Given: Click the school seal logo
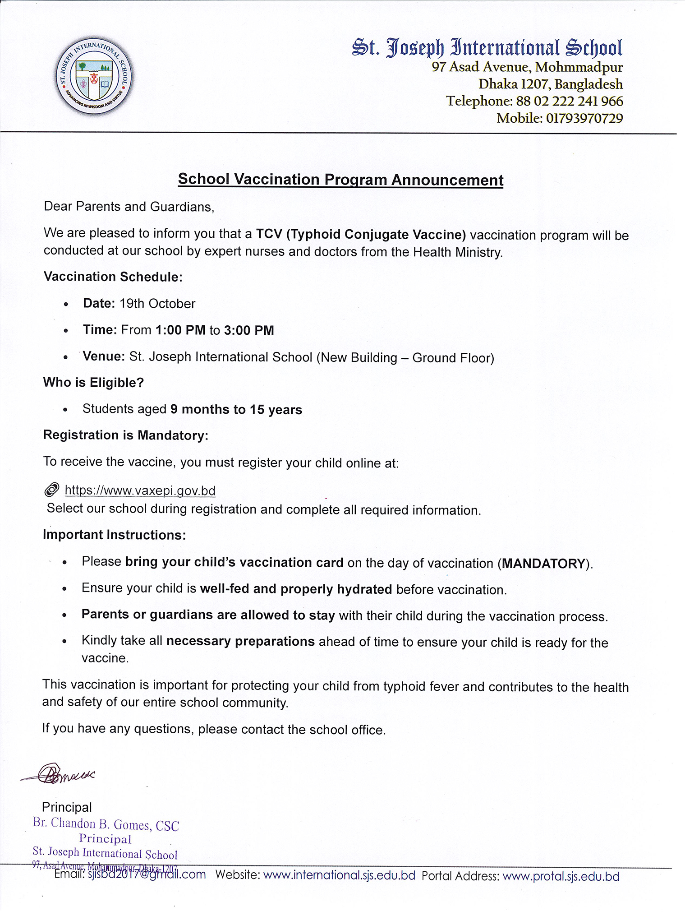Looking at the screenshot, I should click(94, 75).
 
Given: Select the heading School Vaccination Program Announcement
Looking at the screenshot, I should click(340, 180).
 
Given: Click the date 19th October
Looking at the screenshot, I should click(157, 304).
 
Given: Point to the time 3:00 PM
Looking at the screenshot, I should click(249, 330).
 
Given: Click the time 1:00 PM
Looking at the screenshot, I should click(180, 330).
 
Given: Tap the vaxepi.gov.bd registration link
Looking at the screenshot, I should click(140, 490).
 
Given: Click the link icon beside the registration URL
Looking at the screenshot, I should click(52, 490).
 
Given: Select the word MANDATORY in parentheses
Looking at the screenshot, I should click(543, 564).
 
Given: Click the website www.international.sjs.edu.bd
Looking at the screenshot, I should click(339, 875).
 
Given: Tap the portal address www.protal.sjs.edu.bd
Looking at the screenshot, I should click(561, 876).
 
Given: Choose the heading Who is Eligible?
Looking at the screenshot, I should click(93, 383).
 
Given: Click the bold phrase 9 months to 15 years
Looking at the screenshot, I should click(236, 410).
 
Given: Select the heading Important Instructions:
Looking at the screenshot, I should click(114, 535).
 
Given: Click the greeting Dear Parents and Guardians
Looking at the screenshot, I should click(129, 207).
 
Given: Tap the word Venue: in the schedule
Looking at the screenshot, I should click(104, 356).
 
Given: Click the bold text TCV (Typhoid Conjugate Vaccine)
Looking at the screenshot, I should click(361, 235).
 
